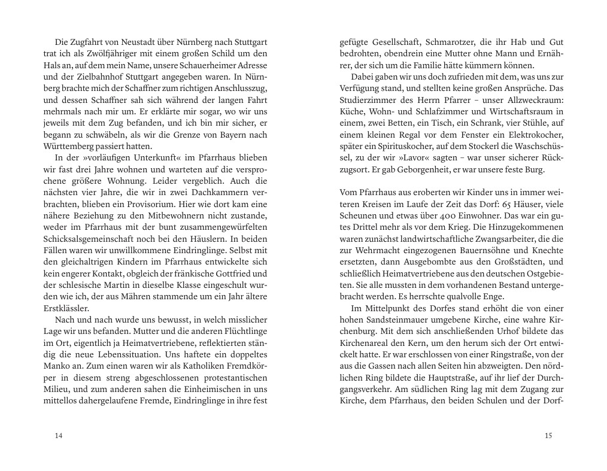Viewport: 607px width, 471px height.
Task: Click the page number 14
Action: [x=58, y=435]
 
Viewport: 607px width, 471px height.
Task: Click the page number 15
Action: [x=548, y=435]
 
